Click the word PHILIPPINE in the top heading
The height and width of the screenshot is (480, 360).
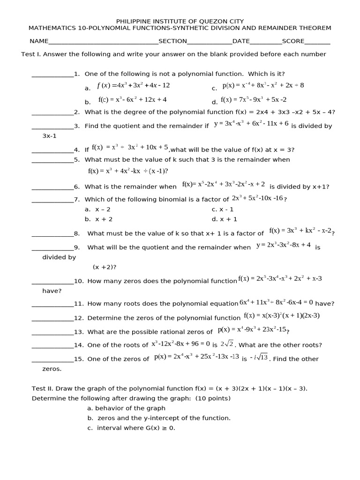pos(133,21)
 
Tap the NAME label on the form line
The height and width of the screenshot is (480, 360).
pos(39,41)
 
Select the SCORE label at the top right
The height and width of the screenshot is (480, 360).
pos(293,41)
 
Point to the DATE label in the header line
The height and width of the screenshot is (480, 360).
pos(241,41)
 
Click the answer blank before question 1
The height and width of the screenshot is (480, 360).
pos(52,75)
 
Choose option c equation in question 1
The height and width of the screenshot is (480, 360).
pos(263,85)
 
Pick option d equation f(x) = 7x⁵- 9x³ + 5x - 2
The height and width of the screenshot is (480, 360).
pos(254,100)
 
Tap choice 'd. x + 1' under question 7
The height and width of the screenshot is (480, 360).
pos(225,219)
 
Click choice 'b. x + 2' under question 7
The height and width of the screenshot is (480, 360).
pos(98,219)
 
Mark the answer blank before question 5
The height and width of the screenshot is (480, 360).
pos(52,160)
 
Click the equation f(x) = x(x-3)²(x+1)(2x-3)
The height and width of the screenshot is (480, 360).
pos(282,315)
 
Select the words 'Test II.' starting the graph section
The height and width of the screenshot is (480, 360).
pos(44,389)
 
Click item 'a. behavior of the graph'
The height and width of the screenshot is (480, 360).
pos(126,408)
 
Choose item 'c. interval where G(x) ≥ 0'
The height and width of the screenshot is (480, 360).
pos(131,428)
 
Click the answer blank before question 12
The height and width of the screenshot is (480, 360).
pos(52,318)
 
